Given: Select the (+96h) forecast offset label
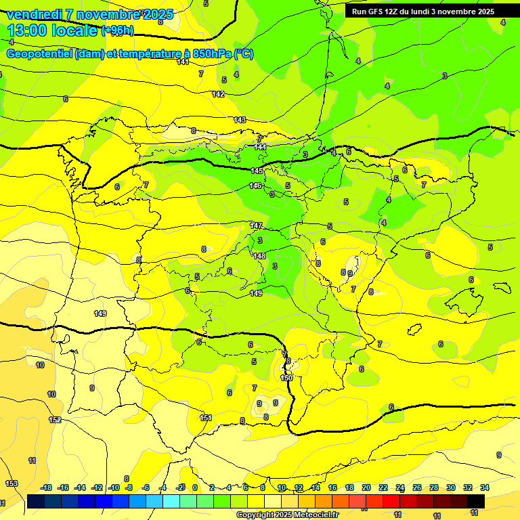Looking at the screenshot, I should (x=118, y=30).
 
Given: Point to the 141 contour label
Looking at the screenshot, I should (x=183, y=62).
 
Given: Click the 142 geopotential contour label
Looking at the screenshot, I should (x=218, y=94).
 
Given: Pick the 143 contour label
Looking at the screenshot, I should (x=240, y=120).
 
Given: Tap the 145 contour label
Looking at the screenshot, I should (x=257, y=171).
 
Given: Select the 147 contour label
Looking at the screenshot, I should (x=256, y=225).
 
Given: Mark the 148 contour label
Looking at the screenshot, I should (x=259, y=256).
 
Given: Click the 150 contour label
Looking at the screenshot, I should (x=286, y=378).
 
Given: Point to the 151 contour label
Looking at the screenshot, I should (x=206, y=418).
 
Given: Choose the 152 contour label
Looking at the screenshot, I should (x=55, y=420).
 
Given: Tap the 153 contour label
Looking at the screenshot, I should (x=12, y=483).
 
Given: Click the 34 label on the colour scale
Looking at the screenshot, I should (x=485, y=487).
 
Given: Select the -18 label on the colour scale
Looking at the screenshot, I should (x=46, y=487).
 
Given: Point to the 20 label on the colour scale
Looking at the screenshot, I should (x=366, y=487).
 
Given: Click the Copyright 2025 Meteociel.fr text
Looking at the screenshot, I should (x=287, y=515).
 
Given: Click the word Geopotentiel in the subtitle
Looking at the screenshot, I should (x=41, y=54).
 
